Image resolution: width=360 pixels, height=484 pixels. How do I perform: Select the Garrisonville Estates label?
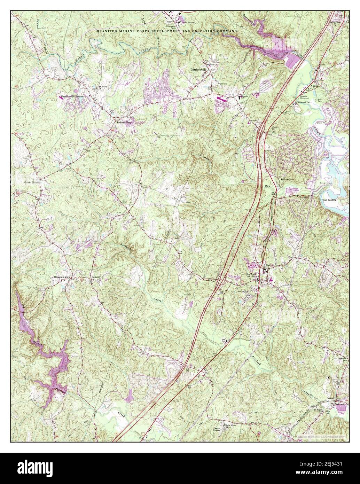click(73, 96)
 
